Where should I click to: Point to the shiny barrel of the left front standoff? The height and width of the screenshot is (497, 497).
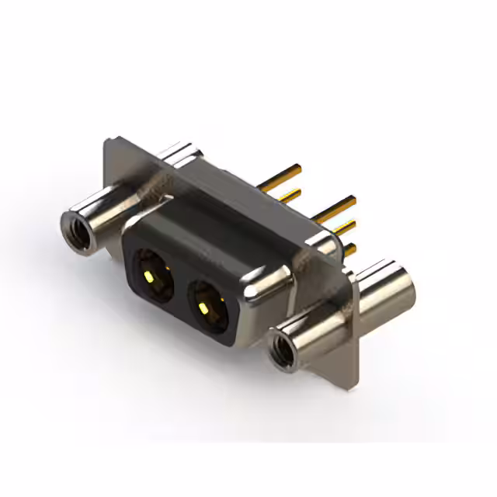101,221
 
